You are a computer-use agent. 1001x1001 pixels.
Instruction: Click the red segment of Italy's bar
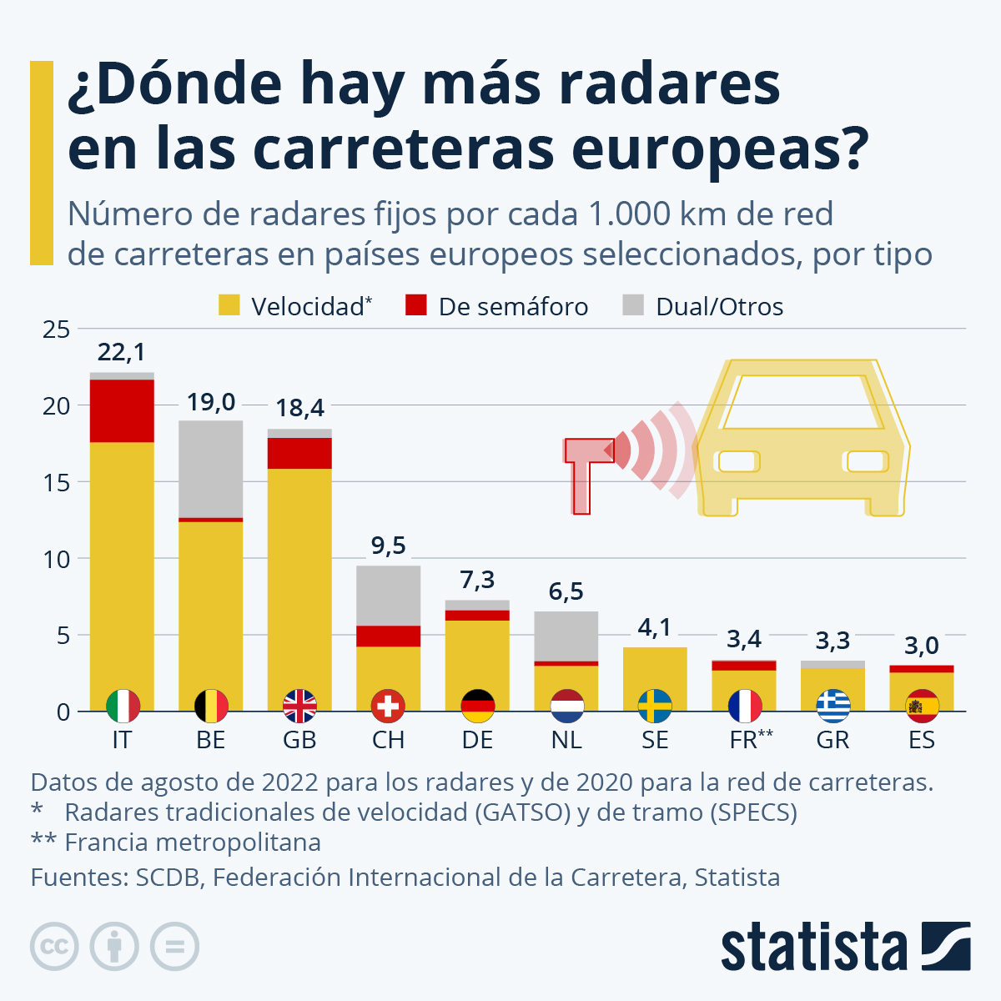[x=122, y=410]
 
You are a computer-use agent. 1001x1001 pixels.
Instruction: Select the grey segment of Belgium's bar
[x=211, y=469]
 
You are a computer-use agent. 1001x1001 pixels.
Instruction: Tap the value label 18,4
[x=299, y=408]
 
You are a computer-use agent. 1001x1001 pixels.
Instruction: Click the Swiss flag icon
[x=388, y=707]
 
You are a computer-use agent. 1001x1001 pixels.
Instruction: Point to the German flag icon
[x=477, y=707]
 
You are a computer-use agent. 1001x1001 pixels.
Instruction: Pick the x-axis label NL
[x=566, y=740]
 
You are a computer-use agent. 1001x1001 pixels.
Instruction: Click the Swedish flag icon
[x=655, y=707]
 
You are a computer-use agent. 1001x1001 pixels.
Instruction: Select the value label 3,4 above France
[x=743, y=639]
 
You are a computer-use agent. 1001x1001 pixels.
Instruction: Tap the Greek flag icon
[x=832, y=707]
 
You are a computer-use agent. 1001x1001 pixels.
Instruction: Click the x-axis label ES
[x=922, y=740]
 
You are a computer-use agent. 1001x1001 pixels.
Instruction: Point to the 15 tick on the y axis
[x=58, y=482]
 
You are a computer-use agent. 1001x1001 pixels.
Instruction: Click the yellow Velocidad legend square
[x=229, y=305]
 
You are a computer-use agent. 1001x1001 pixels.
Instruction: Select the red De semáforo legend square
[x=416, y=305]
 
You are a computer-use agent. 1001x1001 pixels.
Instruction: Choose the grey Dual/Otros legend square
[x=633, y=305]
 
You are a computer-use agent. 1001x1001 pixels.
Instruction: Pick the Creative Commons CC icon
[x=54, y=947]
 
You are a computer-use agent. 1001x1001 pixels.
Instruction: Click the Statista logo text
[x=813, y=947]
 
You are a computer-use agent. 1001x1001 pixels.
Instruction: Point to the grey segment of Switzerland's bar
[x=388, y=596]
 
